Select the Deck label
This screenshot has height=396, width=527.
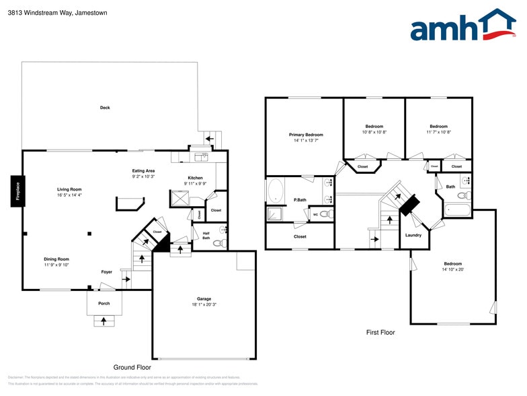105,108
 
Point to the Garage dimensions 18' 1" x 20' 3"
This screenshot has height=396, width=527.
204,304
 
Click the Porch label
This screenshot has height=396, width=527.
104,303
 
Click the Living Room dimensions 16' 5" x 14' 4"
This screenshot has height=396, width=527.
69,195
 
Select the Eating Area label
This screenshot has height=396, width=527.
143,170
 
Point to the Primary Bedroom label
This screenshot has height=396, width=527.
306,135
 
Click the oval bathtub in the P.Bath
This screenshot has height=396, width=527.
276,191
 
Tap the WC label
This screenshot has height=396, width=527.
315,215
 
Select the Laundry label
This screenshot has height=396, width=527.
413,235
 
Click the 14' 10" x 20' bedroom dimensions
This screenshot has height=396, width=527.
452,269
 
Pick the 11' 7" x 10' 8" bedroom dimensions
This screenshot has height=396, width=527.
438,132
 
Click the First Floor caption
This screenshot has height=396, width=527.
380,332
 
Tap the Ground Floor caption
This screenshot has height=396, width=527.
132,367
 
